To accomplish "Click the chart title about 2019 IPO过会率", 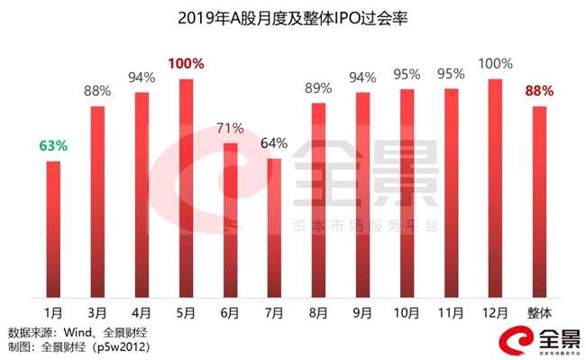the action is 293,19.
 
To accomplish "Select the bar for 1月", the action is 53,229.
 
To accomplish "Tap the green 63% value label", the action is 53,146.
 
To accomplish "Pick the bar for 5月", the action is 186,188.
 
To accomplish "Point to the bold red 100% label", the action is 186,63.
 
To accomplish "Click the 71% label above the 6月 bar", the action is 230,129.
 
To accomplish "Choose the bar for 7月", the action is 274,228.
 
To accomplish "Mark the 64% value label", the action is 274,143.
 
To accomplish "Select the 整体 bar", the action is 539,202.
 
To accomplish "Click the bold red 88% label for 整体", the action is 539,91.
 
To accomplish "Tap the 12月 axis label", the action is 495,313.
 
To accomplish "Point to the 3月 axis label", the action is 97,313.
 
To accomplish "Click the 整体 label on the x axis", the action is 539,313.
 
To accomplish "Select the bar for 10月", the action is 407,193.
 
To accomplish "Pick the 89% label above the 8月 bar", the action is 318,88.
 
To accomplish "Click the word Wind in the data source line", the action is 78,332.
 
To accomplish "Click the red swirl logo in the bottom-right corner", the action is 517,340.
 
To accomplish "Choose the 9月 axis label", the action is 362,313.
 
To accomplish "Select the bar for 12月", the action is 495,188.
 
